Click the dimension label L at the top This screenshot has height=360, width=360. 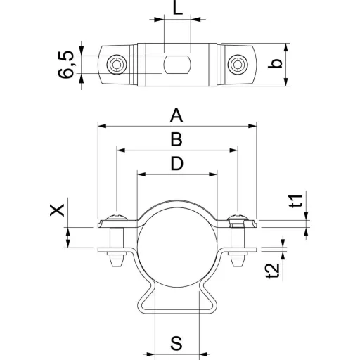[177, 8]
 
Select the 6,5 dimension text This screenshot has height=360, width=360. [66, 65]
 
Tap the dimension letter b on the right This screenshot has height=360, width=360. [275, 63]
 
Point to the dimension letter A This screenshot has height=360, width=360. [176, 115]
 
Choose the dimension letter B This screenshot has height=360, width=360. [176, 139]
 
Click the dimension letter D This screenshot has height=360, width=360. [177, 164]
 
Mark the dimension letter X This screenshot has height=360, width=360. [57, 210]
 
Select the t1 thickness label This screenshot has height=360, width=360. [296, 201]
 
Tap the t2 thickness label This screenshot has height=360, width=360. [273, 271]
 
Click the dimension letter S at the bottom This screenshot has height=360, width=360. [176, 343]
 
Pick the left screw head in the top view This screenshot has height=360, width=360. [117, 65]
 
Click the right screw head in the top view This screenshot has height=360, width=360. [238, 65]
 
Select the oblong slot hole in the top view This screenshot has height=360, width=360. [177, 65]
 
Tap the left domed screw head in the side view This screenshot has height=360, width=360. [117, 217]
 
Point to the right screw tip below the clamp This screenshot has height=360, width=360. [238, 261]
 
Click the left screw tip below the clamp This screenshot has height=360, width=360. [117, 261]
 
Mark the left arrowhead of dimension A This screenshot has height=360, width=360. [102, 126]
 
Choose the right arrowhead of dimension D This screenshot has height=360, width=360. [212, 174]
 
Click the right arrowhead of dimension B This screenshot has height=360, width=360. [233, 150]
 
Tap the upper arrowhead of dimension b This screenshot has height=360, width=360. [285, 48]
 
